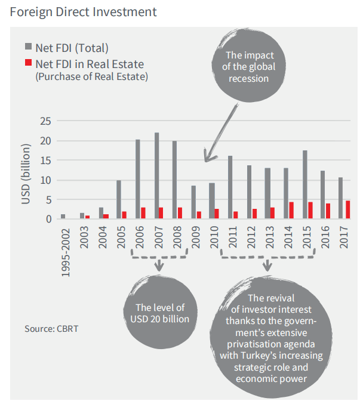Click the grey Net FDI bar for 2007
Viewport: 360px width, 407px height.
(157, 176)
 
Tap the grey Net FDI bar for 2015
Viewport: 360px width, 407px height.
(305, 185)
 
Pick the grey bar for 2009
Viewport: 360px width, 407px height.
(194, 202)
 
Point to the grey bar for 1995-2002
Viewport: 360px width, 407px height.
(63, 217)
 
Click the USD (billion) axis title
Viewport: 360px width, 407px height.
(27, 173)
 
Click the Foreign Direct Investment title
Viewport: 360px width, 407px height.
(84, 11)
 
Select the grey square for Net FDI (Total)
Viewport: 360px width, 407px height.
(29, 48)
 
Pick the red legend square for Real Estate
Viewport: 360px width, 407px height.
(29, 63)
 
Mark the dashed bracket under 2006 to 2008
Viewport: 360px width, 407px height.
(159, 257)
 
